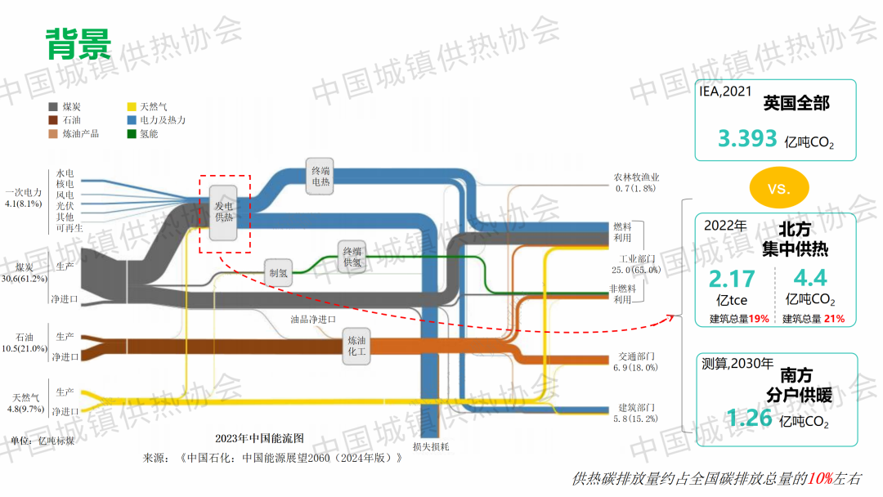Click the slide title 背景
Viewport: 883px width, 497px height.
78,44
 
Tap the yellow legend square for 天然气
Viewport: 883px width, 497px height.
131,106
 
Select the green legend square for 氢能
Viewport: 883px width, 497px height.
131,133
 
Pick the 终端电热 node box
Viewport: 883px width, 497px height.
320,177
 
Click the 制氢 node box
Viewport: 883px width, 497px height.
278,272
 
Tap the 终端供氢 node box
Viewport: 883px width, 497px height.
352,257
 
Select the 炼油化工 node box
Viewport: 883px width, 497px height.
357,347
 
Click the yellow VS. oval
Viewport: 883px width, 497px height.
779,189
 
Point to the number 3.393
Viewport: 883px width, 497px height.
747,138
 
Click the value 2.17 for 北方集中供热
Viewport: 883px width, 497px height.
732,279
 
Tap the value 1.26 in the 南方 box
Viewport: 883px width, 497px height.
749,419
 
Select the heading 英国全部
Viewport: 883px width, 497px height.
796,104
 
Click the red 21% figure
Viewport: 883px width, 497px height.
834,319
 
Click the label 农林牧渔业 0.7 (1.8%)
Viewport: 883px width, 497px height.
636,182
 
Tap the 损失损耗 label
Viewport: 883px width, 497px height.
431,447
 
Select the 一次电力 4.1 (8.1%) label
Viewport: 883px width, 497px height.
24,198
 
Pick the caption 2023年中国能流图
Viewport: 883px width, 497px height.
259,438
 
